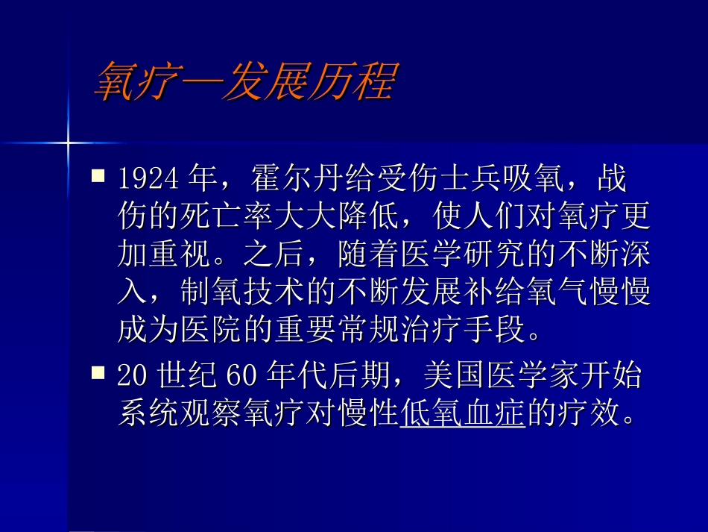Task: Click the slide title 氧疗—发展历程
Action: point(243,81)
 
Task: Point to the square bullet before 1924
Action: point(98,177)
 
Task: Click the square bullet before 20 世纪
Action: point(98,372)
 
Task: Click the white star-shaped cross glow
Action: point(68,141)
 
